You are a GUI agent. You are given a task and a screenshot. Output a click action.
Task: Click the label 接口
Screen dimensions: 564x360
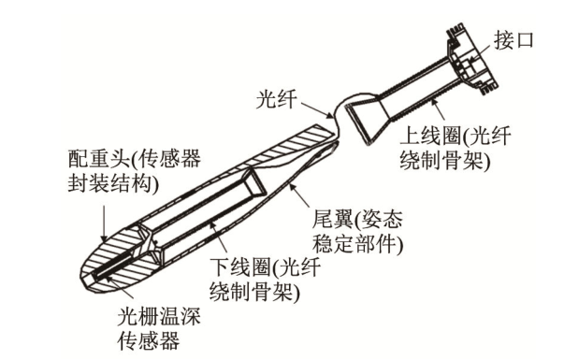pyautogui.click(x=513, y=40)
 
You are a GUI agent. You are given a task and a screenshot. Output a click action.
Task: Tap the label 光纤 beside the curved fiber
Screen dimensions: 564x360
pyautogui.click(x=276, y=98)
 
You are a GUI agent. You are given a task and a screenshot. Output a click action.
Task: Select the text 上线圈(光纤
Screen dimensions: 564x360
pyautogui.click(x=456, y=137)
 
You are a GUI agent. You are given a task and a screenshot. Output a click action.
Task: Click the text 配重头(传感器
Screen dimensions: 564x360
pyautogui.click(x=135, y=158)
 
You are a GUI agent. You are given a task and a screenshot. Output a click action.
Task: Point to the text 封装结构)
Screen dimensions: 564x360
pyautogui.click(x=113, y=185)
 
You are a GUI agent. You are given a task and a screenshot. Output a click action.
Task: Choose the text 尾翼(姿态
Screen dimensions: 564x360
pyautogui.click(x=357, y=219)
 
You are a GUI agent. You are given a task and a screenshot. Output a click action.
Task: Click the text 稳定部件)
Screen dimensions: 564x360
pyautogui.click(x=357, y=245)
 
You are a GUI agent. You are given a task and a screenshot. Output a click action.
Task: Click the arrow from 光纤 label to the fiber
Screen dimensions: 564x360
pyautogui.click(x=316, y=109)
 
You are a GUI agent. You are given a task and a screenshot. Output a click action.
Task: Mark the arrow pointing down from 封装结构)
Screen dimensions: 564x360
pyautogui.click(x=104, y=223)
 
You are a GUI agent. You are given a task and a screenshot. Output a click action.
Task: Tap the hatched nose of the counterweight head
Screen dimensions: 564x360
pyautogui.click(x=118, y=262)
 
